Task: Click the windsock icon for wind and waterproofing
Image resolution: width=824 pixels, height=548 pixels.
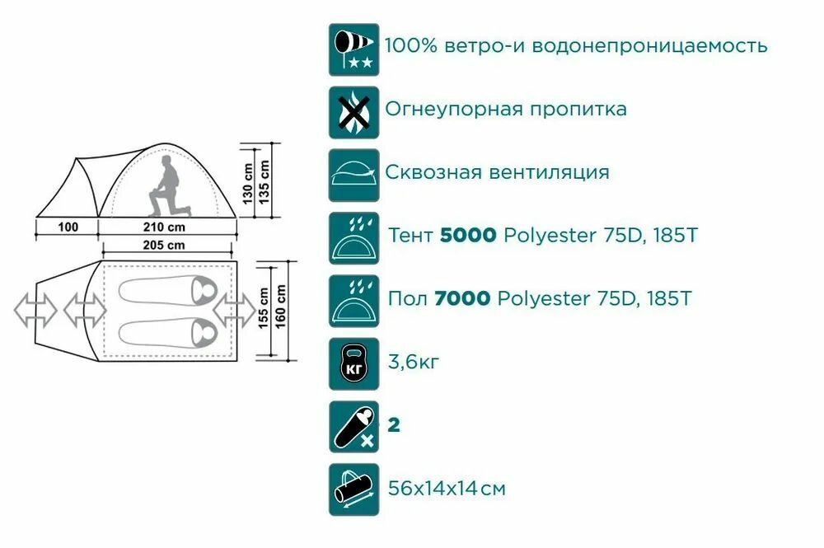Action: click(x=354, y=49)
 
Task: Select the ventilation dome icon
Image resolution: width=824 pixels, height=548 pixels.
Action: click(x=354, y=175)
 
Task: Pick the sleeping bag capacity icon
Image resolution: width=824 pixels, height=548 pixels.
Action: click(x=354, y=427)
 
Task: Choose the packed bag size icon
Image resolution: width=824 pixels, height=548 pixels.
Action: click(x=354, y=489)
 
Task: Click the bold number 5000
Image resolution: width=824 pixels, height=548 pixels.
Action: click(x=468, y=236)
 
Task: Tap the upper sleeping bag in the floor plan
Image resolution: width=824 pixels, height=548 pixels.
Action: click(x=165, y=290)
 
